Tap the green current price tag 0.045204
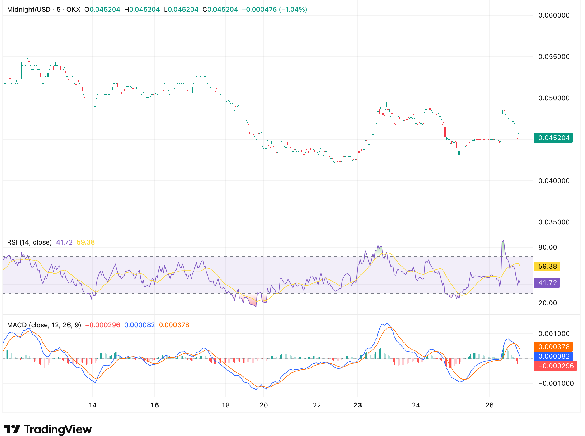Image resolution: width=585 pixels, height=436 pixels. (553, 138)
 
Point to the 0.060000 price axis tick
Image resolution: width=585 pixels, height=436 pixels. (554, 15)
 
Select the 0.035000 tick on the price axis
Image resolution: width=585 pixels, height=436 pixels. (554, 222)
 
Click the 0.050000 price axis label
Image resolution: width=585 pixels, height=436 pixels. (554, 98)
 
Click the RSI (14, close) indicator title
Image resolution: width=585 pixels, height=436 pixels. (29, 242)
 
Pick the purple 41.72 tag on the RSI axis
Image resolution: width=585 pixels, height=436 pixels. (547, 283)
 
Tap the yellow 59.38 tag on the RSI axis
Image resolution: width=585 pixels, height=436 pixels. (547, 266)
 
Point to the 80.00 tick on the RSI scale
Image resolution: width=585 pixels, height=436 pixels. (548, 247)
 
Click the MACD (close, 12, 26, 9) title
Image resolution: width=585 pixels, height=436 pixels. (44, 325)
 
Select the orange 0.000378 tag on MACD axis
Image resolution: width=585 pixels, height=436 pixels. (553, 347)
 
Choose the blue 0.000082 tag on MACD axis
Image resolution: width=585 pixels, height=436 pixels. (553, 356)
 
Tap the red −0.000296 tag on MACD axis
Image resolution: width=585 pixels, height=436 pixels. (555, 366)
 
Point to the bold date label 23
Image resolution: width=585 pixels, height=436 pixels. (357, 405)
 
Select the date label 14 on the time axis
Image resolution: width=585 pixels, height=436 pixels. (92, 405)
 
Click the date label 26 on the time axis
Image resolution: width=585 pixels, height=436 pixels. (489, 405)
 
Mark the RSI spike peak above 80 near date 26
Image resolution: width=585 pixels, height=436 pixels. (503, 241)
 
